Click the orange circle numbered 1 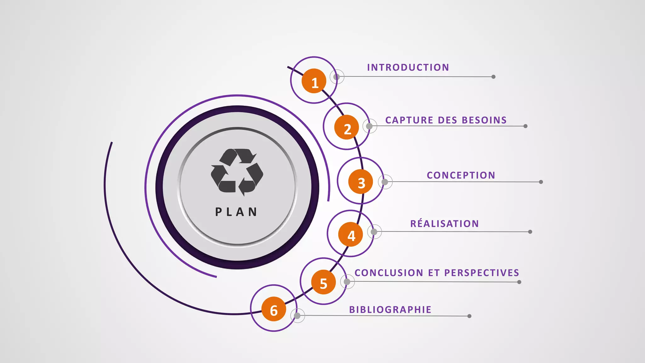[x=314, y=81]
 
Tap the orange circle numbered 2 [x=346, y=127]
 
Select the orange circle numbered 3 [x=361, y=182]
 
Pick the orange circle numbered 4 [x=351, y=234]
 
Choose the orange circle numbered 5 [x=323, y=282]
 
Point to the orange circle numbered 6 [x=274, y=309]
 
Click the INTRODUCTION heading [x=408, y=67]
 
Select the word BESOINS [x=484, y=120]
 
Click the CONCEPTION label [x=461, y=175]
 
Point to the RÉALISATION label [x=444, y=224]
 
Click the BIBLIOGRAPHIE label [x=390, y=309]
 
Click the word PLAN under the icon [x=236, y=212]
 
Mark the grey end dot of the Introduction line [x=494, y=77]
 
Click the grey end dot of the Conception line [x=541, y=182]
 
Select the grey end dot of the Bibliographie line [x=469, y=316]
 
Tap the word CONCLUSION [x=389, y=273]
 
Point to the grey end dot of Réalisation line [x=530, y=232]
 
